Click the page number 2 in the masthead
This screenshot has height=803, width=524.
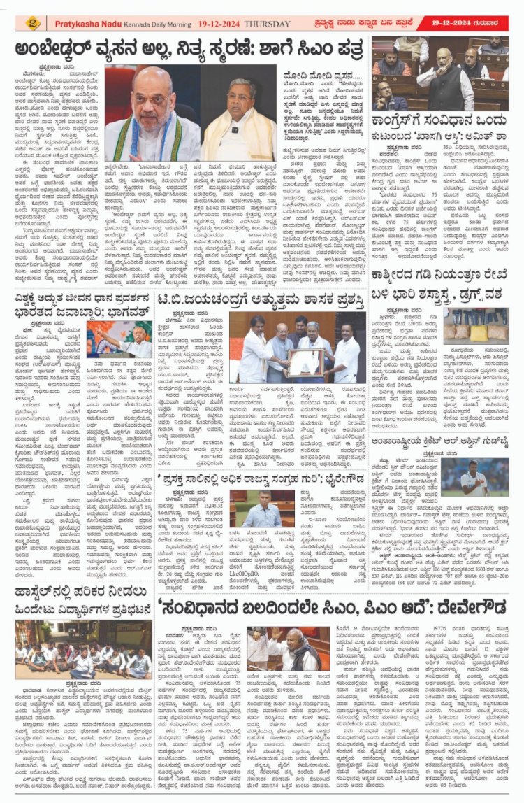(33, 24)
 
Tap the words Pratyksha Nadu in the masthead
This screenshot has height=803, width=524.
(89, 24)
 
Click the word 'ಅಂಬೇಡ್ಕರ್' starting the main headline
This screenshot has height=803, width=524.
(56, 51)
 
